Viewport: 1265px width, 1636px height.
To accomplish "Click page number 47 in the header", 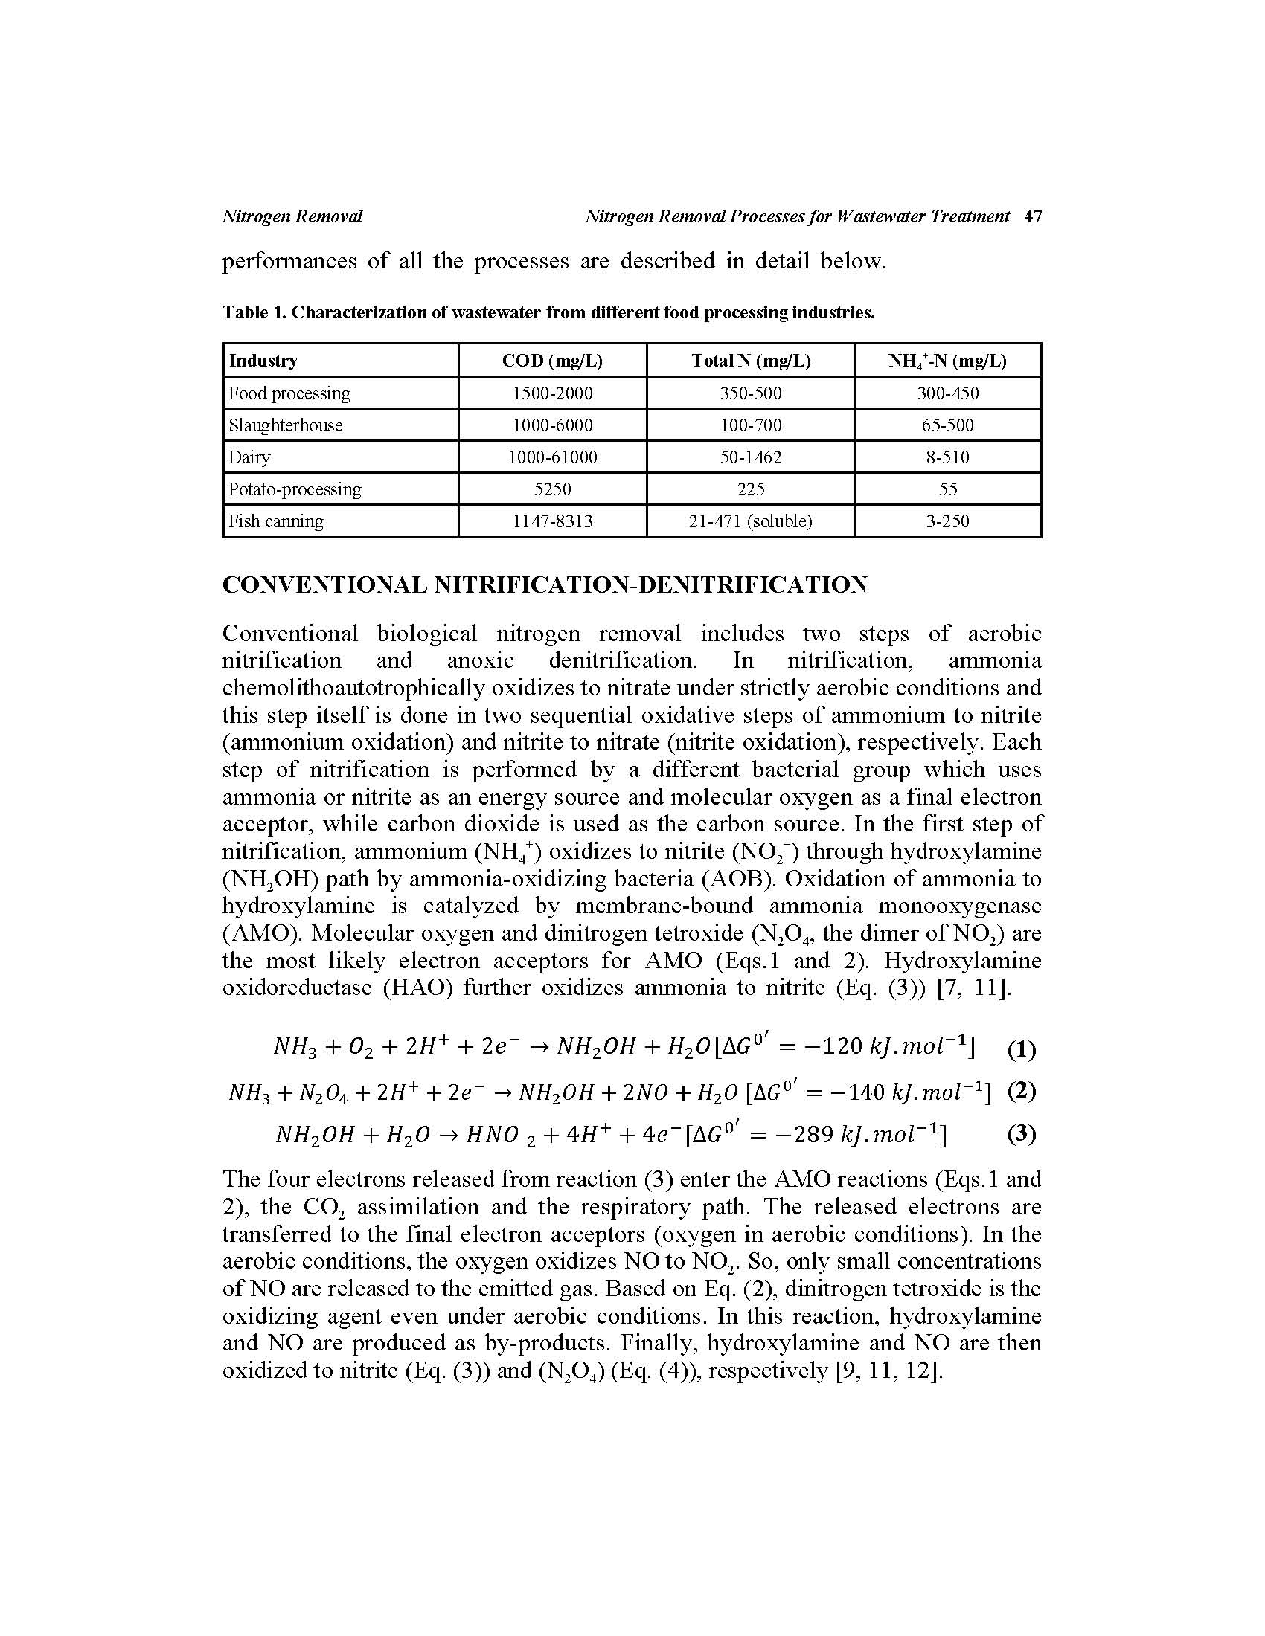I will [x=1033, y=216].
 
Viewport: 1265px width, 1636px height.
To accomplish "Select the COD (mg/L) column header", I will [x=551, y=361].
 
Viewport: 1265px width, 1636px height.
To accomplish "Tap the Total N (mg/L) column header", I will [x=750, y=361].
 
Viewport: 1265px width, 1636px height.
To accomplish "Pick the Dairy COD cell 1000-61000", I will [x=552, y=457].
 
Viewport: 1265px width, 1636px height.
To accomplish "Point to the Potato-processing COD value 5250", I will [x=552, y=489].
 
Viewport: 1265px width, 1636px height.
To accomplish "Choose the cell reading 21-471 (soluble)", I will [x=750, y=521].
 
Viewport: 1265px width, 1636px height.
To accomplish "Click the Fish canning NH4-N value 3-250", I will [x=947, y=521].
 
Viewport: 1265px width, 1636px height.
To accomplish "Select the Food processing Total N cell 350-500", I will [x=750, y=393].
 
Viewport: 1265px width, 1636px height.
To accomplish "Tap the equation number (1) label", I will [x=1022, y=1050].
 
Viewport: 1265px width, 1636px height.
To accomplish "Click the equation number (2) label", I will [x=1022, y=1091].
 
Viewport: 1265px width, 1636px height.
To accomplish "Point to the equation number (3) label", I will [x=1022, y=1134].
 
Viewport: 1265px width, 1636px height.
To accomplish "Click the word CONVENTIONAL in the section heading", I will [x=325, y=585].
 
